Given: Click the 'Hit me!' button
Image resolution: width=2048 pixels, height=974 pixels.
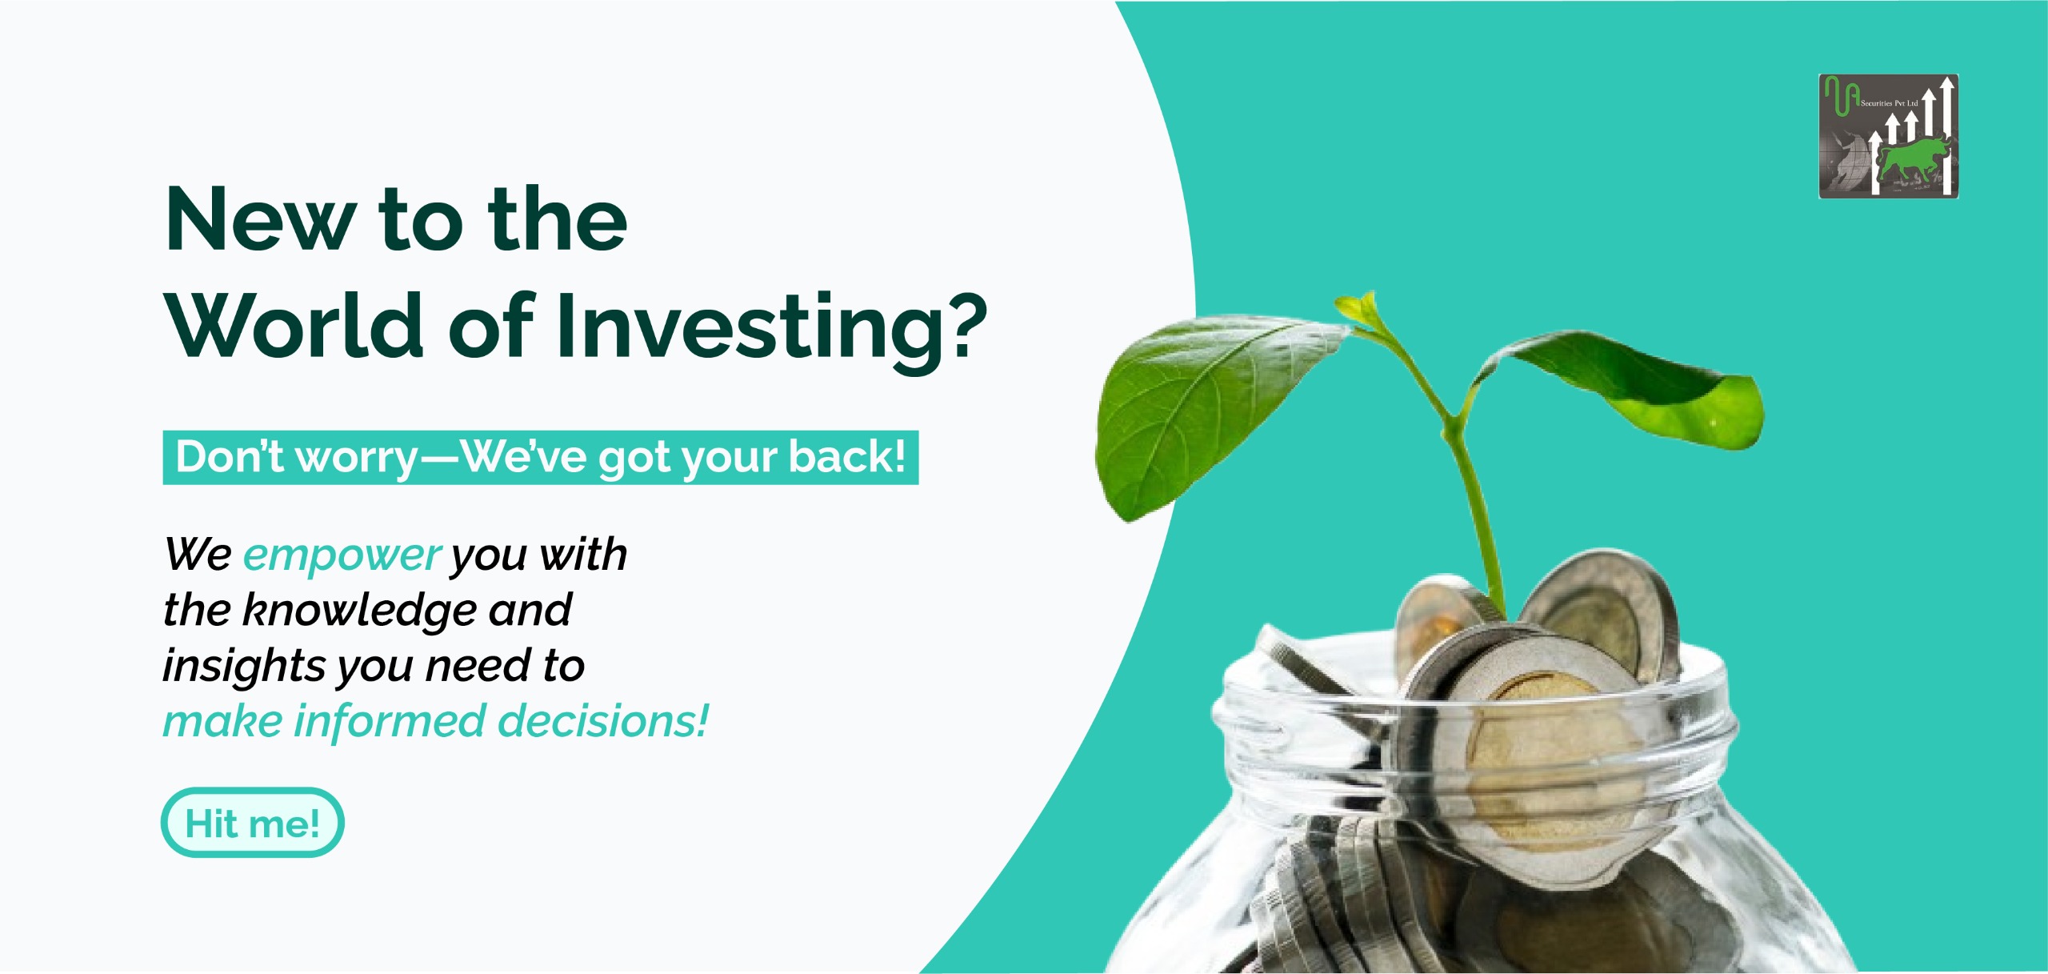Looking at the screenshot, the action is pos(253,823).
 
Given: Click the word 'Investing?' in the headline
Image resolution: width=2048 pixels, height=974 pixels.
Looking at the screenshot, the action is pos(773,328).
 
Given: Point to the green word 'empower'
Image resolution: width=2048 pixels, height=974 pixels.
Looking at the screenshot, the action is pos(342,556).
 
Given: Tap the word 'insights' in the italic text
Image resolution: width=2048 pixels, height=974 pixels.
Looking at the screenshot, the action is pos(244,667).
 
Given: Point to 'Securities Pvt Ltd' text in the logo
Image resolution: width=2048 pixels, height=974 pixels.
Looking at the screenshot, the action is pos(1889,103).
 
